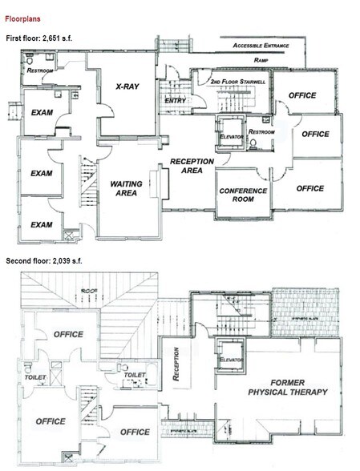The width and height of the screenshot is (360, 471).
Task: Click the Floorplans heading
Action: (x=25, y=16)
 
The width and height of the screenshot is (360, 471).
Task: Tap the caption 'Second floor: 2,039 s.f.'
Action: (x=48, y=261)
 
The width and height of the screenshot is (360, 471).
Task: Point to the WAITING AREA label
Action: (x=126, y=189)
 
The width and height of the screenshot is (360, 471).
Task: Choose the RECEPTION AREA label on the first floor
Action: (x=192, y=166)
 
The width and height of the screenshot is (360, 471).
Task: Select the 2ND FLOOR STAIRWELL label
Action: (x=237, y=83)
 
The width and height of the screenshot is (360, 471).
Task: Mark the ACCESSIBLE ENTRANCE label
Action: (x=265, y=46)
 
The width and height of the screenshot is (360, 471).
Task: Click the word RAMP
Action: (x=261, y=60)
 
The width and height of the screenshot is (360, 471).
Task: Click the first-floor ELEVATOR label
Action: (x=232, y=137)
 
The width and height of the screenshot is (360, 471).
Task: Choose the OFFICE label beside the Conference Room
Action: (x=310, y=188)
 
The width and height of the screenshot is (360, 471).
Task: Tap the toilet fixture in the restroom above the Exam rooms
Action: (x=30, y=60)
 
